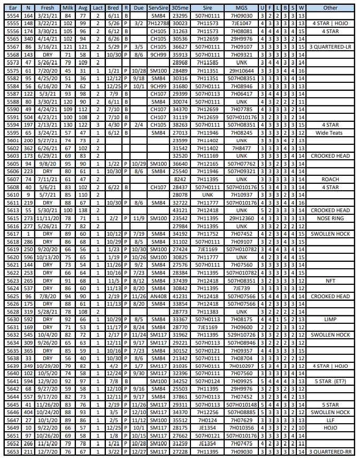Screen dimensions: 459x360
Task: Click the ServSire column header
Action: tap(158, 8)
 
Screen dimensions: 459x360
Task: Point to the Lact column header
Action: tap(97, 8)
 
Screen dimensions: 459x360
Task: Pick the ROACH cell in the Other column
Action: tap(330, 180)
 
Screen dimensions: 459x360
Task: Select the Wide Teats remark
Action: tap(330, 133)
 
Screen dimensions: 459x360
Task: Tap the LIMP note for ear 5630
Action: tap(330, 320)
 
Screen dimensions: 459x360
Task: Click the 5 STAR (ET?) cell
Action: tap(330, 382)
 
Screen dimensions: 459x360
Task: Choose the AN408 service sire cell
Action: tap(158, 296)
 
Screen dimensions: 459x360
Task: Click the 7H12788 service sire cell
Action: tap(158, 24)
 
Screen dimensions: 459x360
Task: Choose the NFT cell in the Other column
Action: tap(330, 281)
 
